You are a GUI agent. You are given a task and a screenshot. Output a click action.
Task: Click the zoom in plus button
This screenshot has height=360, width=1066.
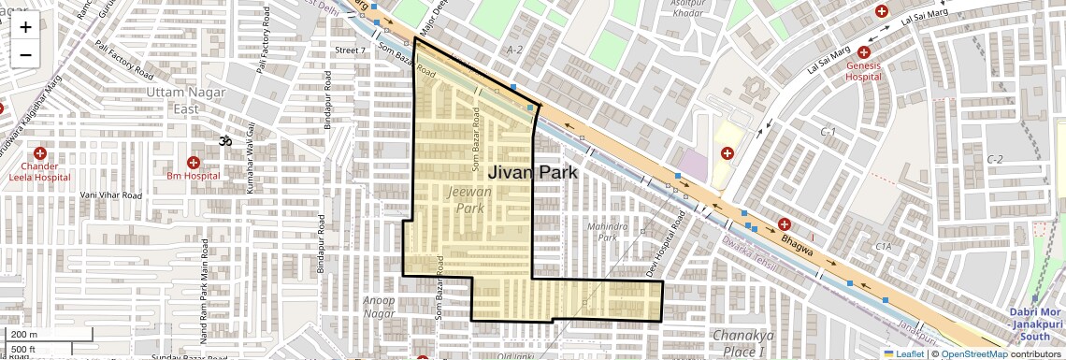click(x=25, y=26)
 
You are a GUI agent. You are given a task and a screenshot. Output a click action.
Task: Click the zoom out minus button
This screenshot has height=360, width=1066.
click(x=25, y=54)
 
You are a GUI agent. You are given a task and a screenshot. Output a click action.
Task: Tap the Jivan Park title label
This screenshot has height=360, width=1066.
click(x=532, y=172)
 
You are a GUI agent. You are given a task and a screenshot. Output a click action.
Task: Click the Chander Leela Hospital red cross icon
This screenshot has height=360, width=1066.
click(x=39, y=153)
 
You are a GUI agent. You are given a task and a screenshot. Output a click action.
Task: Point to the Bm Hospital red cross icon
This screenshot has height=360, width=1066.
click(x=193, y=162)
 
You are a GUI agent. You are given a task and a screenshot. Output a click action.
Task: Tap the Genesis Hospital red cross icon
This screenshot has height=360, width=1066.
click(x=862, y=52)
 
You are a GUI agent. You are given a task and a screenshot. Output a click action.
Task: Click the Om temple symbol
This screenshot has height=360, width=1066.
click(x=224, y=141)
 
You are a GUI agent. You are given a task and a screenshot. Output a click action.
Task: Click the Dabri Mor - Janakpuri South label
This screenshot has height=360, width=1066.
click(x=1036, y=324)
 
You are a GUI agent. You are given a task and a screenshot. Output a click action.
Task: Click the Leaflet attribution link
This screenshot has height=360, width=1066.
click(x=903, y=353)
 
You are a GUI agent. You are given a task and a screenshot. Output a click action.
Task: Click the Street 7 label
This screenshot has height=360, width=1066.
click(x=350, y=50)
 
